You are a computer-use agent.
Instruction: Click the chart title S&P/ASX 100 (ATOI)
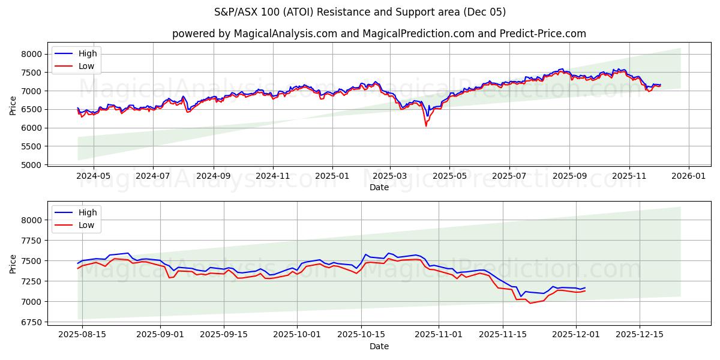coord(359,12)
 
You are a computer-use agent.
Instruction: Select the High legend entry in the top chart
coord(88,54)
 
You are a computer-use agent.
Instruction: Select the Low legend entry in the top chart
coord(86,66)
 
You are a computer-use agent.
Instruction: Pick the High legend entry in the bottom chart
coord(88,213)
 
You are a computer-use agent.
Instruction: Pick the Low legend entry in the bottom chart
coord(86,225)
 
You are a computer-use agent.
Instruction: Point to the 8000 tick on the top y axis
coord(33,54)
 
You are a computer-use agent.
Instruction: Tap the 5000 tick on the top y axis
coord(33,165)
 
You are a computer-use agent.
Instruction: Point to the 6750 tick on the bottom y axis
coord(33,322)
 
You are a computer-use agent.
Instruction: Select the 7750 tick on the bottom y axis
coord(33,241)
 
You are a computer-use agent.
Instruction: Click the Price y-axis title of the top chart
coord(13,105)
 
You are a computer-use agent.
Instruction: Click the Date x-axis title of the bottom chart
coord(379,346)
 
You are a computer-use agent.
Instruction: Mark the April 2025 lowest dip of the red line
coord(426,126)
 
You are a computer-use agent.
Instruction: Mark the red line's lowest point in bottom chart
coord(530,303)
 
